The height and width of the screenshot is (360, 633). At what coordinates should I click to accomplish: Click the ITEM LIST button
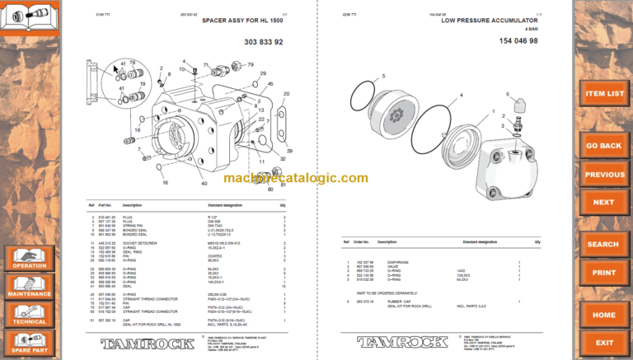(x=604, y=94)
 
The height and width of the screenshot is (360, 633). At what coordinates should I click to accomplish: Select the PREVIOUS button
(x=604, y=175)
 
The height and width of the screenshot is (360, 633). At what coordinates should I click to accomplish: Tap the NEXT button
(x=604, y=202)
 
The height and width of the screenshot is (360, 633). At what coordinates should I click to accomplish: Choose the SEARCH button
(x=604, y=245)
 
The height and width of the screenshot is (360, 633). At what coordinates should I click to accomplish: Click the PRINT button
(x=604, y=272)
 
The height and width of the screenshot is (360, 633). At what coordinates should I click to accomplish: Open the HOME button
(x=604, y=315)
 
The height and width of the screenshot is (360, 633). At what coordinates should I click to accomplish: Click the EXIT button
(x=604, y=342)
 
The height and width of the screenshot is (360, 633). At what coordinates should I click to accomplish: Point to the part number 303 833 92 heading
(x=264, y=41)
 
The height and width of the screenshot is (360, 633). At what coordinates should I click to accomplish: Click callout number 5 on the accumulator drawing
(x=383, y=77)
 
